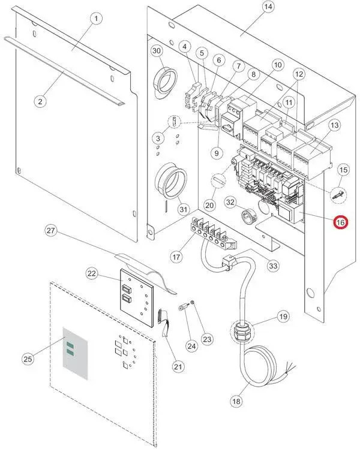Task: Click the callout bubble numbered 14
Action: coord(268,7)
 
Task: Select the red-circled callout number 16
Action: coord(340,222)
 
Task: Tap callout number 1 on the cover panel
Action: coord(95,19)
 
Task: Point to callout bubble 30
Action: coord(157,52)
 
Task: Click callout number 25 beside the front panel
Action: coord(28,358)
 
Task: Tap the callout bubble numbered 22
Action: coord(92,273)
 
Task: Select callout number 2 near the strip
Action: coord(40,101)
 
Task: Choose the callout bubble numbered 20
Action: coord(209,205)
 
